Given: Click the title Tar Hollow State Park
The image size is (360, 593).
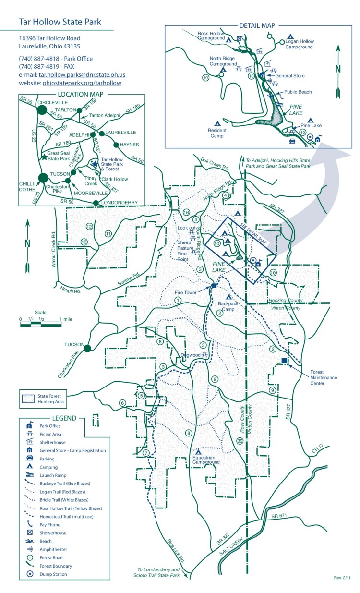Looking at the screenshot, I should [x=60, y=22].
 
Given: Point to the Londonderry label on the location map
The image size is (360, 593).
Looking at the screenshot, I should [x=120, y=203].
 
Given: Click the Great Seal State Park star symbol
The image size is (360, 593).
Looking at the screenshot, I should [x=44, y=157].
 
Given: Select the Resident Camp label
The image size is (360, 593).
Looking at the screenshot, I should [x=217, y=133].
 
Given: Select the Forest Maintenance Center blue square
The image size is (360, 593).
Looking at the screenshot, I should [x=284, y=361].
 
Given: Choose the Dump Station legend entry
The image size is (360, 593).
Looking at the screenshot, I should [x=53, y=574].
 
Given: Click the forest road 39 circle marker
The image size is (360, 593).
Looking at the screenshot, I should [x=240, y=441].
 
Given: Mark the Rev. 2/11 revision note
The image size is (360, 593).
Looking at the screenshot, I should [x=342, y=577].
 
